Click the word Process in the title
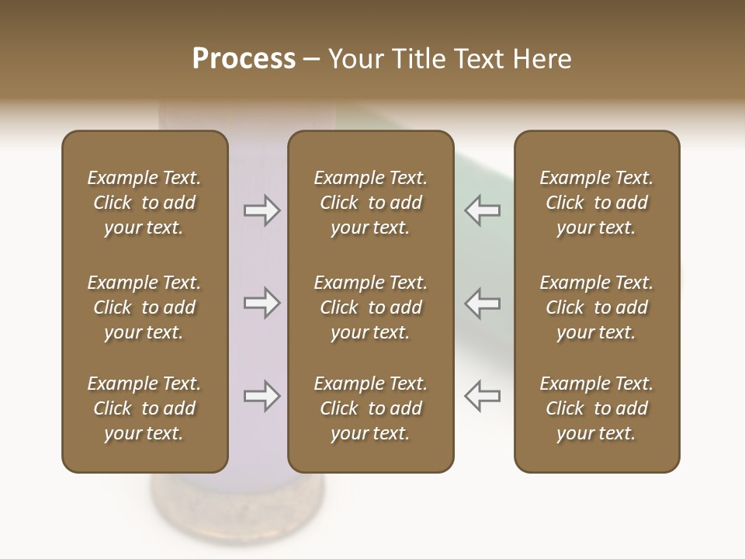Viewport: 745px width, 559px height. (x=244, y=59)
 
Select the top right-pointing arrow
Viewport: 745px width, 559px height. (x=262, y=210)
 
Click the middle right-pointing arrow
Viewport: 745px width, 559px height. (x=262, y=303)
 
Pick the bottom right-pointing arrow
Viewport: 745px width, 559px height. (x=262, y=396)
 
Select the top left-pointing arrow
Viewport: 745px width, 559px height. (x=482, y=210)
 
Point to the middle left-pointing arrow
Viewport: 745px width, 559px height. (x=482, y=303)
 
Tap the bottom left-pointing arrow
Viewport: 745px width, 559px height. (x=482, y=396)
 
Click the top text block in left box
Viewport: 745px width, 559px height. (x=144, y=203)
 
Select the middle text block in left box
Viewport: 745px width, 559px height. (x=144, y=307)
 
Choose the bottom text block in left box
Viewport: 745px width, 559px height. (x=144, y=408)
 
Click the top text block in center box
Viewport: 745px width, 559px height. (x=370, y=203)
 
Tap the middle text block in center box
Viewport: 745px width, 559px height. (x=370, y=307)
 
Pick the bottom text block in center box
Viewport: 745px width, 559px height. (x=370, y=408)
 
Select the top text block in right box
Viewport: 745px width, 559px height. (x=596, y=203)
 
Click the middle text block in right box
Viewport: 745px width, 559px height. (x=596, y=307)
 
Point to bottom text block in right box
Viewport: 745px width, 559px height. (x=596, y=408)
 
